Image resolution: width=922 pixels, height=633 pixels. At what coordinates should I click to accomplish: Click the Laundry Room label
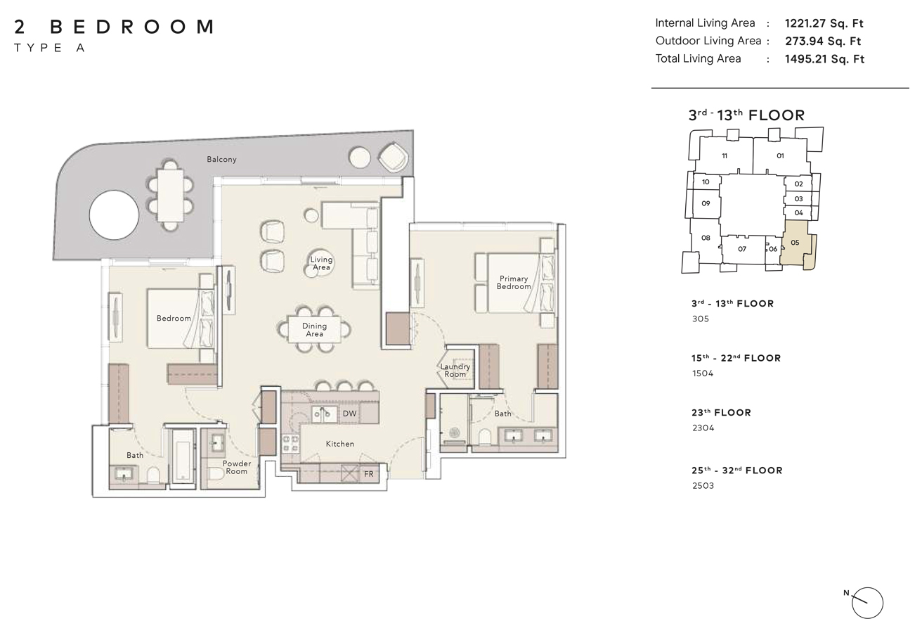pos(455,371)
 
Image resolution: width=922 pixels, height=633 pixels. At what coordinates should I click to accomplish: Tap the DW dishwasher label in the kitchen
pos(350,414)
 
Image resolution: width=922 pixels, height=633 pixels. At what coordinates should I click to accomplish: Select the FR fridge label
pos(368,475)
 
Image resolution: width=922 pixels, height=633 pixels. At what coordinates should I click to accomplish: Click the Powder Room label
pos(237,467)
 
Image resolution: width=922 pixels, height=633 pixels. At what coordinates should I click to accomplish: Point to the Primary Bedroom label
pos(513,282)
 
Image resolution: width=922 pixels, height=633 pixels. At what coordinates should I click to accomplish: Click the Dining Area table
pos(314,329)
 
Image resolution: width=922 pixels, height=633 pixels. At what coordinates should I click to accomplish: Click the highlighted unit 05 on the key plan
pos(796,243)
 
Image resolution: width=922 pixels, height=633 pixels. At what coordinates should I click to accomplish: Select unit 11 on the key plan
pos(725,155)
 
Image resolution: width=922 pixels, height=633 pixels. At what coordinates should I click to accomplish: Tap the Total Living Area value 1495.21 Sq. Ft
pos(824,59)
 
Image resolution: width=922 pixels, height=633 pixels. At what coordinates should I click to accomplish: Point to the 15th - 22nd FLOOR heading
pos(736,358)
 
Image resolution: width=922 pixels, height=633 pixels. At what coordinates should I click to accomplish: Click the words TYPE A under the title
pos(49,48)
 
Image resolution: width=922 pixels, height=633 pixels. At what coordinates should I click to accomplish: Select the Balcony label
pos(221,160)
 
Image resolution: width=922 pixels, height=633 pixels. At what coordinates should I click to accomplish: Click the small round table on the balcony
pos(360,156)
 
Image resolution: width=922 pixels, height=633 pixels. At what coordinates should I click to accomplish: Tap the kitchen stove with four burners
pos(290,445)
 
